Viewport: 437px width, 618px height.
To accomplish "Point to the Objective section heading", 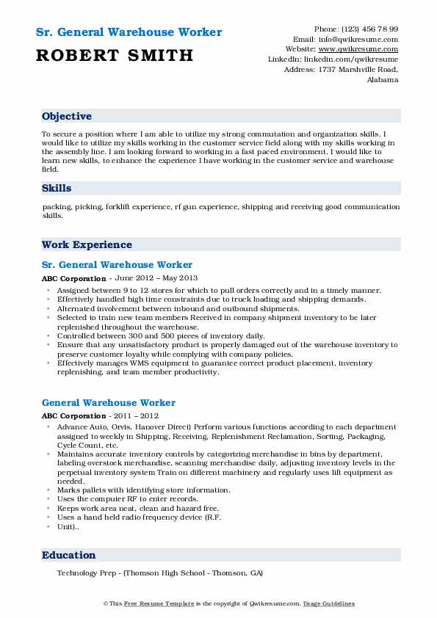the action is coord(67,117).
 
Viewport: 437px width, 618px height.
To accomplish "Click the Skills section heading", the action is coord(57,189).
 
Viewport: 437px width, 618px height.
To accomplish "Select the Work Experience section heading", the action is coord(87,245).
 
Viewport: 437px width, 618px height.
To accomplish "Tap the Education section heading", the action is coord(68,556).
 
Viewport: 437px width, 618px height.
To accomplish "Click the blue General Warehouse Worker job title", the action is coord(109,403).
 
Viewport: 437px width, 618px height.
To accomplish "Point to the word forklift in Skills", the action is coord(116,207).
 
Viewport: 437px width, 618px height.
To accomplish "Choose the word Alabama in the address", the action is coord(383,79).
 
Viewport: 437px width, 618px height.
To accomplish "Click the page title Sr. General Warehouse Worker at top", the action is coord(129,32).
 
